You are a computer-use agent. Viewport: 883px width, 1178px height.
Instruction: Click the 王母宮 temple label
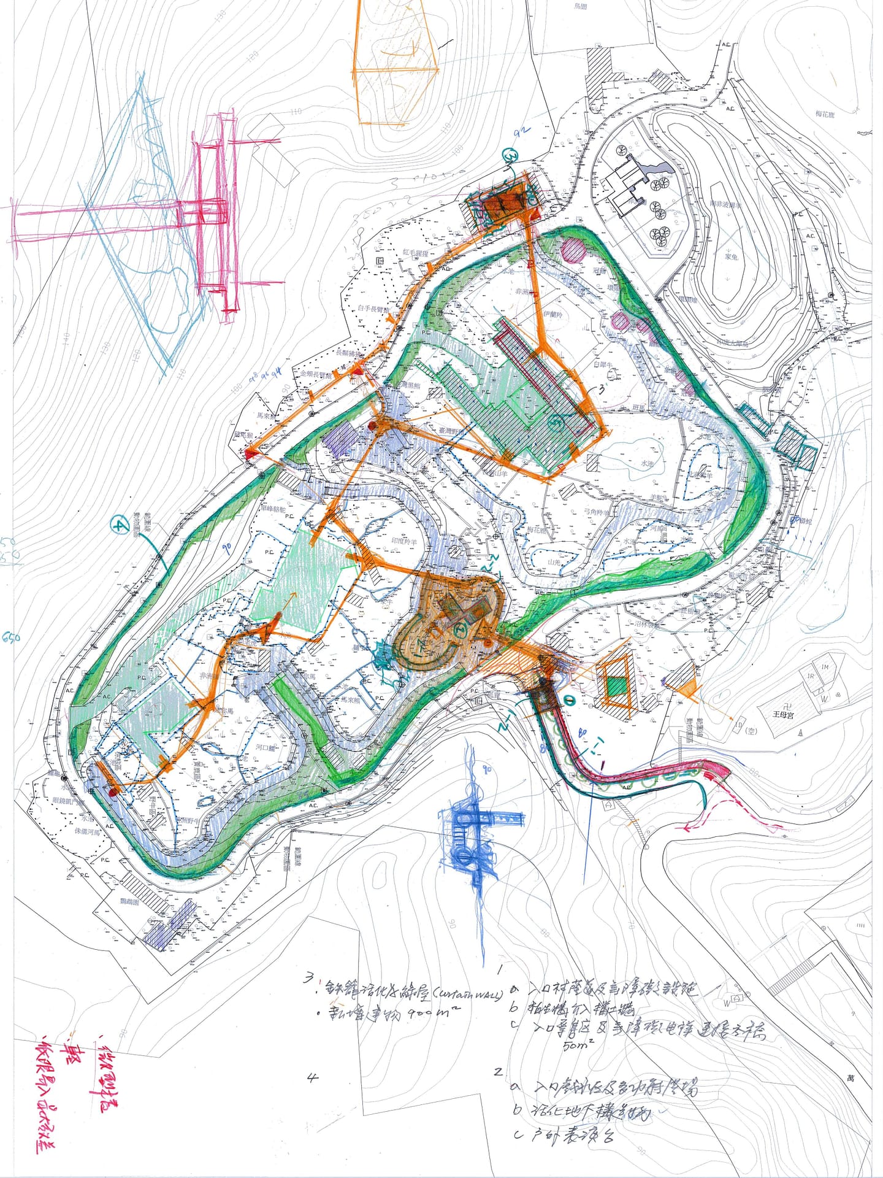pos(782,715)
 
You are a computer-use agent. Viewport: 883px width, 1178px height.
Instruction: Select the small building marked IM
pos(825,667)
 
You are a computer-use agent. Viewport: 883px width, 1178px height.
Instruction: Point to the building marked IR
pos(811,676)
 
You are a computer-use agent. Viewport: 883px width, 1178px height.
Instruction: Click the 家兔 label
pos(730,256)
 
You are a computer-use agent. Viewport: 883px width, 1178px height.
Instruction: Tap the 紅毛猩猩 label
pos(415,253)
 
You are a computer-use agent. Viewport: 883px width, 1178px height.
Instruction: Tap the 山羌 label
pos(554,561)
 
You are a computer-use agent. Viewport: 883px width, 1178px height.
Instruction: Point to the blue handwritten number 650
pos(11,638)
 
